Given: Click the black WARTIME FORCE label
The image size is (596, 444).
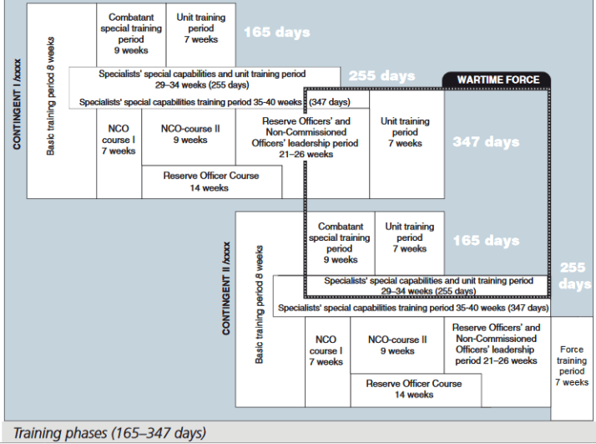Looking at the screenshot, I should [x=498, y=79].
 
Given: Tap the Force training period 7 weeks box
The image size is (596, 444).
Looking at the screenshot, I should [x=572, y=365].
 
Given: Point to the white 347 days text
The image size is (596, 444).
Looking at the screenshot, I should [x=486, y=141].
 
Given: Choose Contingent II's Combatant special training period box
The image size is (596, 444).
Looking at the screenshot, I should [x=339, y=242].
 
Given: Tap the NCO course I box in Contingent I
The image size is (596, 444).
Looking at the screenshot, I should [x=118, y=140].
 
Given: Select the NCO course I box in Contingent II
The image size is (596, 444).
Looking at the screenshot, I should [x=326, y=350].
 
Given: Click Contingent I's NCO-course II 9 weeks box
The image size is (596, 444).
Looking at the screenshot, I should [x=189, y=135].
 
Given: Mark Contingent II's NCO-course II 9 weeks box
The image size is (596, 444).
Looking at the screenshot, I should [x=397, y=345].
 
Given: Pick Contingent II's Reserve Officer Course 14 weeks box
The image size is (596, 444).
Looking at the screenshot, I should [x=413, y=389].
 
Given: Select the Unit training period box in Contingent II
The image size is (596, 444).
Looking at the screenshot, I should [x=409, y=237].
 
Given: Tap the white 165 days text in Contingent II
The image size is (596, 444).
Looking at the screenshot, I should [x=486, y=241].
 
